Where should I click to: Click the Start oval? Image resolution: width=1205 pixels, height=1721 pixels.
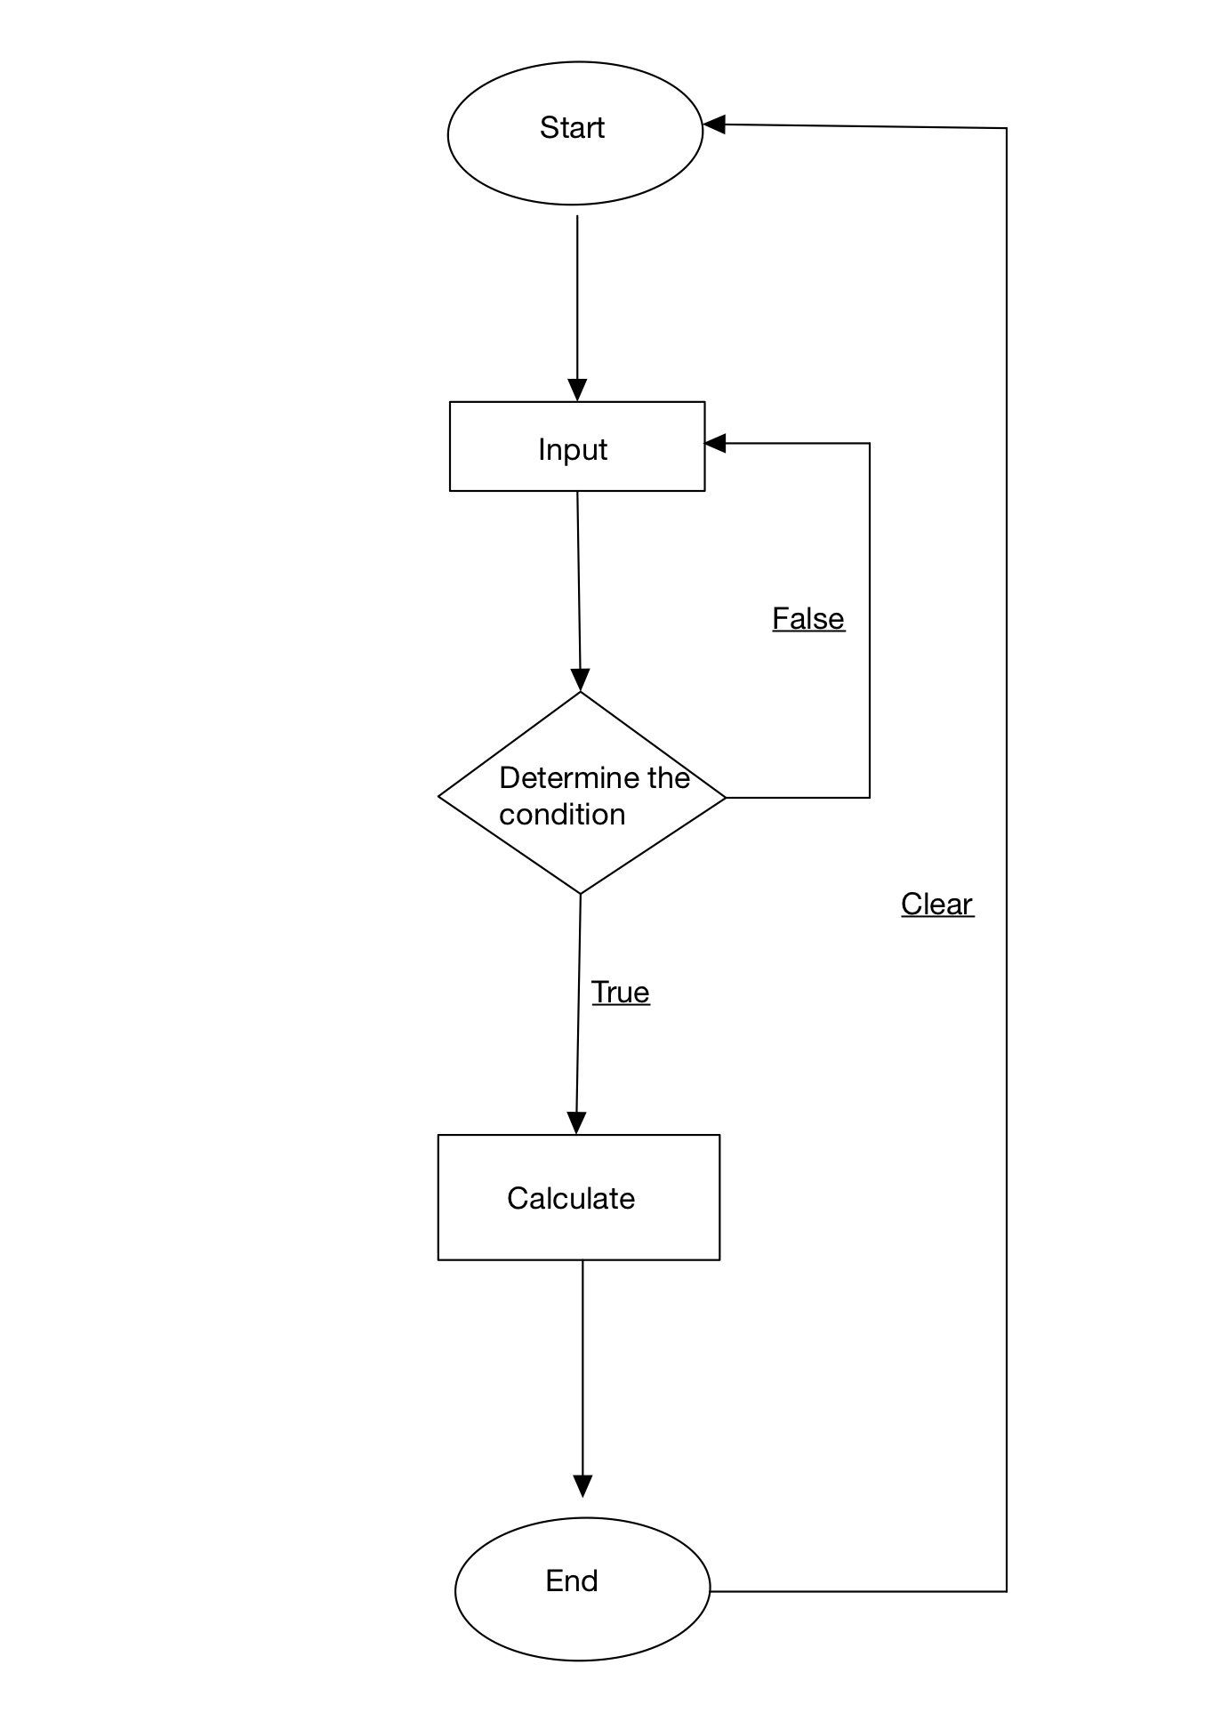tap(574, 133)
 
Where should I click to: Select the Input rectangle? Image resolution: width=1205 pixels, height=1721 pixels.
tap(576, 446)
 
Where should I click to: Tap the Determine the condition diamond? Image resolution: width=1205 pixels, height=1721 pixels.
tap(582, 793)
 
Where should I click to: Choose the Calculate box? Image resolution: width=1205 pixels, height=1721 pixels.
tap(578, 1197)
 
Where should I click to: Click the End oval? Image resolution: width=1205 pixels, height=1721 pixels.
tap(582, 1588)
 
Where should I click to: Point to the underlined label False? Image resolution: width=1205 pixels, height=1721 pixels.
tap(807, 619)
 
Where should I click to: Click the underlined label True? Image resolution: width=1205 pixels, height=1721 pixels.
tap(620, 993)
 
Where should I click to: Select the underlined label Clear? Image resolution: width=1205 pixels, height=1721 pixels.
tap(936, 905)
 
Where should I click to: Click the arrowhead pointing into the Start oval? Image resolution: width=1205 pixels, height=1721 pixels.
tap(715, 125)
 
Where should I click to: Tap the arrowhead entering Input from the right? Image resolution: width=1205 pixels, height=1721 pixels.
tap(716, 443)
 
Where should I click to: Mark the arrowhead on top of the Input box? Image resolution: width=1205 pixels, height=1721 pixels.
tap(577, 390)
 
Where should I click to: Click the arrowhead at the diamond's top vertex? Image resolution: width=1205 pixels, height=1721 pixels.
tap(580, 680)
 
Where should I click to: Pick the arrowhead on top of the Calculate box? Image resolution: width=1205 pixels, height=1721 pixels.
tap(576, 1123)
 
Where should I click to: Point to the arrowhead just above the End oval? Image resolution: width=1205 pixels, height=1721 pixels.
tap(582, 1486)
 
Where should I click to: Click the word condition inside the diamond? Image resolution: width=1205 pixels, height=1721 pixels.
tap(561, 815)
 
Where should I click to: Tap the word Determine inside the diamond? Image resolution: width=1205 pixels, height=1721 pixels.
tap(569, 778)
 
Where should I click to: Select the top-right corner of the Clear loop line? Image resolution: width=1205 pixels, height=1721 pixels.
tap(1006, 129)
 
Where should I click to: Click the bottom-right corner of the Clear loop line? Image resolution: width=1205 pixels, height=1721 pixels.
tap(1006, 1590)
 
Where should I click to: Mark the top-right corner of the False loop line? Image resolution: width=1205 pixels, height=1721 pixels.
tap(869, 443)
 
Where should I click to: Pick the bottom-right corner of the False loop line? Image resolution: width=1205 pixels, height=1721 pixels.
tap(869, 797)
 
